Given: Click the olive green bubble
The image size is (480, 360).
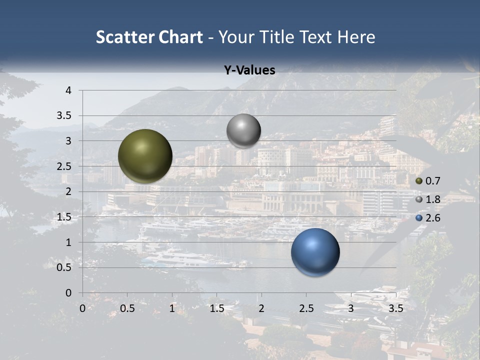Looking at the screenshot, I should (145, 156).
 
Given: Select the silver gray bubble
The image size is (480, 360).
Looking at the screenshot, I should (243, 131).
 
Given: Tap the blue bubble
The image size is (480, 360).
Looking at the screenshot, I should (315, 252).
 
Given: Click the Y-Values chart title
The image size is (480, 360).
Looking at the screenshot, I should (249, 70).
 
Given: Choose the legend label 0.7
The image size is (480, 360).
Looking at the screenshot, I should (433, 181).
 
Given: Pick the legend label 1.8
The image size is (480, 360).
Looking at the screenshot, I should (433, 199).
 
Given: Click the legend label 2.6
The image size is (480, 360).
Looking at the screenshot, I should (433, 218).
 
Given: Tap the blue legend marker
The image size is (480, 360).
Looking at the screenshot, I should (419, 218).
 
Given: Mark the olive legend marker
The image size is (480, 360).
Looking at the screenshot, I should (419, 181).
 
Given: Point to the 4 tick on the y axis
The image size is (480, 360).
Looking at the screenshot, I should (69, 90).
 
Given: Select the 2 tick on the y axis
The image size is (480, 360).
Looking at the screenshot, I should (69, 191).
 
